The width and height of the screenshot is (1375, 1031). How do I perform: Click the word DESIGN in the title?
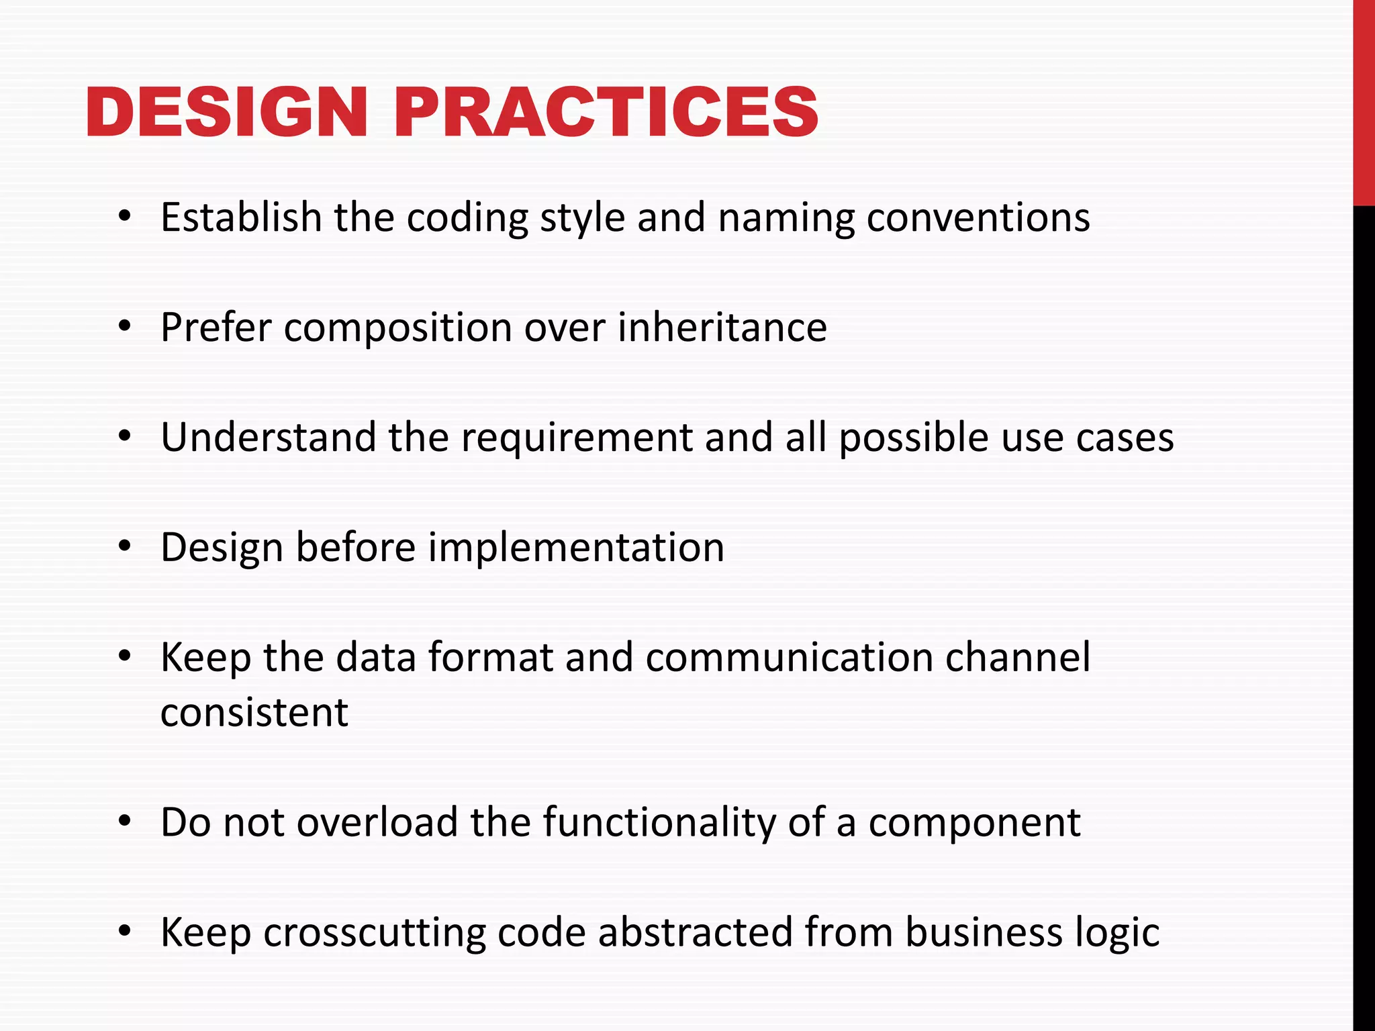[x=226, y=112]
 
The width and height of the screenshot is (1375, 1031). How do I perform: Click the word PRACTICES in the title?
[x=606, y=112]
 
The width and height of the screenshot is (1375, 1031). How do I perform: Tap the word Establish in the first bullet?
[x=241, y=217]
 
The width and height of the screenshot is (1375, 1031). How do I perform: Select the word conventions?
[x=978, y=219]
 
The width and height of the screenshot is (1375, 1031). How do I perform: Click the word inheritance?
[x=722, y=328]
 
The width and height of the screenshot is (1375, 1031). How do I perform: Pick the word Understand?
[x=269, y=438]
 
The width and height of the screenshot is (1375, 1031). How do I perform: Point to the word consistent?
[x=254, y=712]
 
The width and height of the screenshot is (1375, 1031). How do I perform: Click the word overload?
[x=377, y=822]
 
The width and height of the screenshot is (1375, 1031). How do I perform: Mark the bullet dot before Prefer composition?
[x=124, y=328]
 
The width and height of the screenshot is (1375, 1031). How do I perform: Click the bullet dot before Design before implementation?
[x=124, y=548]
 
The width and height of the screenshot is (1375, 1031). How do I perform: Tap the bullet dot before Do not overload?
[x=124, y=822]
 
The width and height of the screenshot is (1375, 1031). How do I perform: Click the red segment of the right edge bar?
[x=1364, y=101]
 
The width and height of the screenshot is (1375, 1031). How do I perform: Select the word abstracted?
[x=695, y=932]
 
